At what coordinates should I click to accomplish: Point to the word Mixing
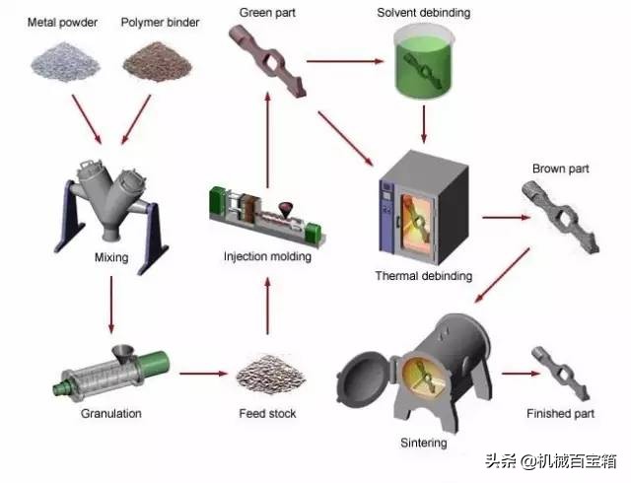point(110,258)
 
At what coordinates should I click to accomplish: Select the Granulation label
point(110,413)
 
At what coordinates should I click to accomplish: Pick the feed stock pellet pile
point(267,376)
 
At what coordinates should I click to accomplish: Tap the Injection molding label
point(266,257)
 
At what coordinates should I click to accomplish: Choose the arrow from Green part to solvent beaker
point(344,62)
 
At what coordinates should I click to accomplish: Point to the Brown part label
point(560,169)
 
